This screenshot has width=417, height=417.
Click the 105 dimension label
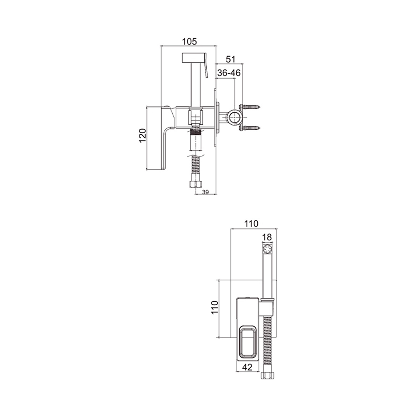(189, 41)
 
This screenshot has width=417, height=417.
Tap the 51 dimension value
(230, 59)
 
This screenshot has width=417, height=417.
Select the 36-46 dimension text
(229, 73)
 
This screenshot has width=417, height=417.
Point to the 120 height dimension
(143, 136)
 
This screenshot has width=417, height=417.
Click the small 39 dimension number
(205, 192)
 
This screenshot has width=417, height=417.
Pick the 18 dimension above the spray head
(267, 237)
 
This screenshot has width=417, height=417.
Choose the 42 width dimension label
(247, 367)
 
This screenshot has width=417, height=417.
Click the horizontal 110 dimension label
(251, 224)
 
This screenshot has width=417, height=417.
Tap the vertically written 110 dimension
(215, 307)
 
